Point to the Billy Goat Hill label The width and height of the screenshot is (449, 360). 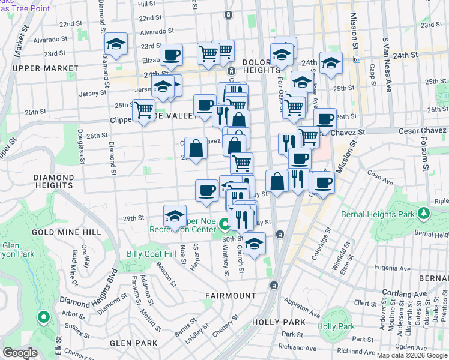(x=150, y=254)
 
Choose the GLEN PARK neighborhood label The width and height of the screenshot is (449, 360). (x=133, y=343)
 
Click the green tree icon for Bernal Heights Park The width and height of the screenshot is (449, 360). (x=424, y=214)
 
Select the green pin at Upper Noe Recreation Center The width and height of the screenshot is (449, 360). (x=224, y=226)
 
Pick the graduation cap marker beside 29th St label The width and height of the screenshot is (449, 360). (x=175, y=215)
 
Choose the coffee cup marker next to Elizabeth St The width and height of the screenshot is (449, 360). (x=171, y=54)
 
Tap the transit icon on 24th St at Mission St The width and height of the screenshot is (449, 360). (x=356, y=59)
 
